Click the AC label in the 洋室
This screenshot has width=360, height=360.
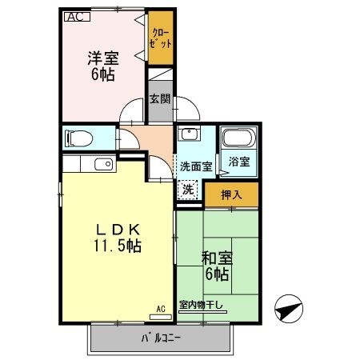pyautogui.click(x=78, y=17)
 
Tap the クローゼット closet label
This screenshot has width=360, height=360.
pyautogui.click(x=160, y=38)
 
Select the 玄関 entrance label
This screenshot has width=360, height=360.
pyautogui.click(x=160, y=99)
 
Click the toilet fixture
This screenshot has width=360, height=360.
pyautogui.click(x=78, y=138)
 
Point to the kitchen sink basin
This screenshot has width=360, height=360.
pyautogui.click(x=104, y=164)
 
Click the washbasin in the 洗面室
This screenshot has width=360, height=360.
pyautogui.click(x=189, y=133)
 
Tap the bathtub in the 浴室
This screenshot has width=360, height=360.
pyautogui.click(x=239, y=138)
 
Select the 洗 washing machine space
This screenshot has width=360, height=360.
pyautogui.click(x=188, y=190)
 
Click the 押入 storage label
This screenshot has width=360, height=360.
pyautogui.click(x=231, y=195)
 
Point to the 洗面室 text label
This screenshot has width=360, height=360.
pyautogui.click(x=196, y=166)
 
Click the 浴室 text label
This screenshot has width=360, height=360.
pyautogui.click(x=239, y=162)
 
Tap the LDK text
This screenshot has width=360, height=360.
pyautogui.click(x=118, y=229)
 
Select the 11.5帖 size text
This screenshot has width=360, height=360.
pyautogui.click(x=118, y=246)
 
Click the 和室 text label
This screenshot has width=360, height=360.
pyautogui.click(x=217, y=258)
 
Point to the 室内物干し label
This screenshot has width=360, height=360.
pyautogui.click(x=201, y=305)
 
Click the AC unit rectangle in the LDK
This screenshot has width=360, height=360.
pyautogui.click(x=161, y=317)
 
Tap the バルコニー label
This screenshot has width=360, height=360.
pyautogui.click(x=161, y=338)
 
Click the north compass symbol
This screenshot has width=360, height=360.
pyautogui.click(x=289, y=309)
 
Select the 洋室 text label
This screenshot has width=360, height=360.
pyautogui.click(x=103, y=58)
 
